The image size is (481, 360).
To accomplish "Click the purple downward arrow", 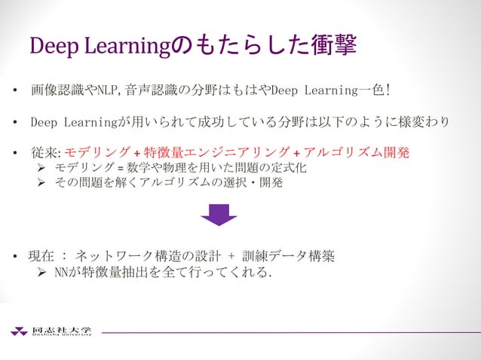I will [219, 215].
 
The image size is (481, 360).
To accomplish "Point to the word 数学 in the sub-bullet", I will [139, 168].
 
